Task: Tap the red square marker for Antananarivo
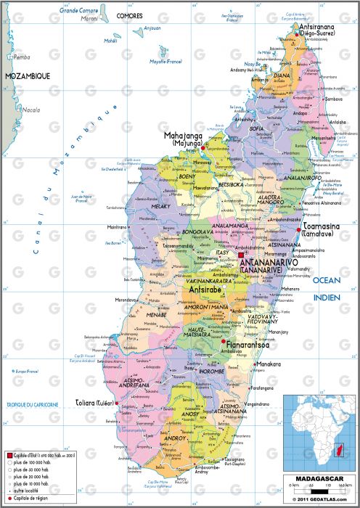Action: click(242, 255)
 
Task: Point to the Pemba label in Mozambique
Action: click(21, 57)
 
